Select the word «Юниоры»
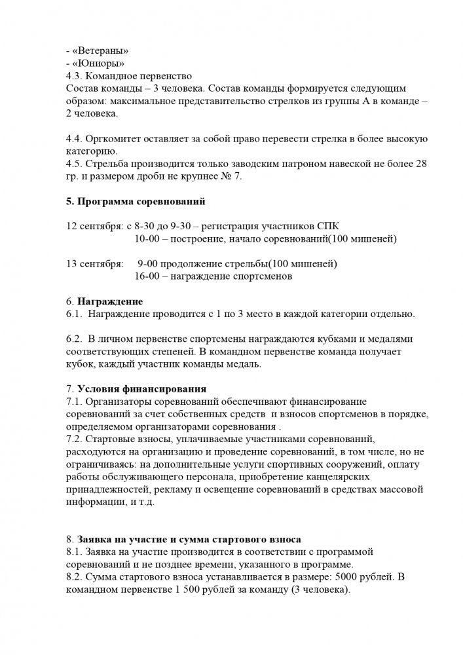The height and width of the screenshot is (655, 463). tap(97, 63)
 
